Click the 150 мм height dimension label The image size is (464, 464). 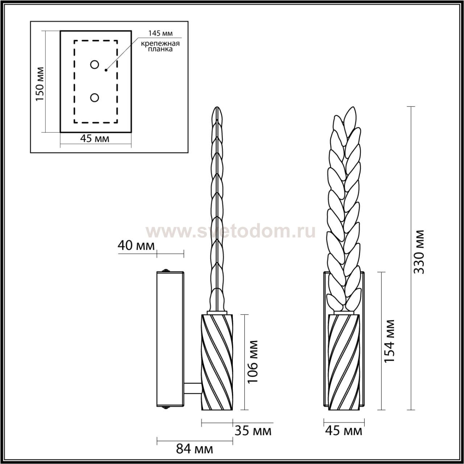(40, 84)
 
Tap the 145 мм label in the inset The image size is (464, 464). (160, 33)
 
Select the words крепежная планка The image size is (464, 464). (160, 46)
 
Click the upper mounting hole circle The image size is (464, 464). (94, 65)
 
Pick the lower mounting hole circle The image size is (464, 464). (94, 98)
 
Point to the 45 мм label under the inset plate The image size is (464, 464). (95, 139)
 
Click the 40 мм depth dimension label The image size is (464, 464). (136, 246)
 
